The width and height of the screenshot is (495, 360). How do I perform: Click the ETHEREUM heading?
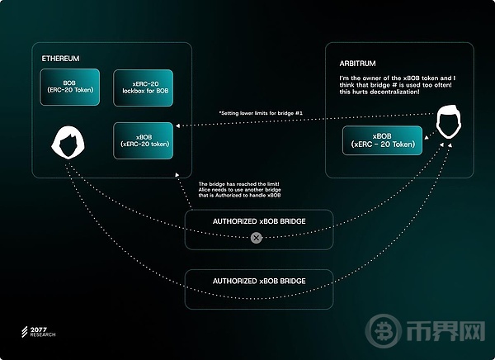[x=60, y=59]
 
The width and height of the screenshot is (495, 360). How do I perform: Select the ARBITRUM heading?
[x=358, y=64]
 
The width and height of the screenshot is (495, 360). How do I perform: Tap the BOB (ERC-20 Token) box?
[x=70, y=87]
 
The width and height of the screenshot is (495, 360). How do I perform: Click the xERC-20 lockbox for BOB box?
[x=144, y=88]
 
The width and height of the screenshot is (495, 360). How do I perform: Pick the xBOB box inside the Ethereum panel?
[x=144, y=140]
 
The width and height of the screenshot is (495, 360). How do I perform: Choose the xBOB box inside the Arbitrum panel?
[x=382, y=140]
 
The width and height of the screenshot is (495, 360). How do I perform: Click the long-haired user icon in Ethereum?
[x=68, y=142]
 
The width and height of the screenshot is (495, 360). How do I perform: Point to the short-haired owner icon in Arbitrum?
[x=449, y=121]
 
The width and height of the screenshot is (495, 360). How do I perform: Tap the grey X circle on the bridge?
[x=257, y=238]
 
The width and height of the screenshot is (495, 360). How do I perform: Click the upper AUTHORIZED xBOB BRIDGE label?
[x=259, y=221]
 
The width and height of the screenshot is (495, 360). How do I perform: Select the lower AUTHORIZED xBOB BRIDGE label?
[x=259, y=281]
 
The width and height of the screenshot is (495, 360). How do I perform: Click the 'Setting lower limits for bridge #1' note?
[x=261, y=113]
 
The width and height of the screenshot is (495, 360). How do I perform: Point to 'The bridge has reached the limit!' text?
[x=238, y=184]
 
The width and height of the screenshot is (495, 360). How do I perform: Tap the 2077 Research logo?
[x=39, y=332]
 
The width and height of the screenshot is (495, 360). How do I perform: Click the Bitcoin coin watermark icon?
[x=384, y=331]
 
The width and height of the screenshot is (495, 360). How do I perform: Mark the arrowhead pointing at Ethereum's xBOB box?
[x=177, y=126]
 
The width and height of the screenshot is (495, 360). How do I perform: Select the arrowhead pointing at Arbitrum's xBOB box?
[x=427, y=138]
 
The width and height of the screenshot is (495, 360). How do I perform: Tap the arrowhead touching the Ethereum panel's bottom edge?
[x=177, y=175]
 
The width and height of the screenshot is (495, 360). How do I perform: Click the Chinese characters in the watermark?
[x=445, y=331]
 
